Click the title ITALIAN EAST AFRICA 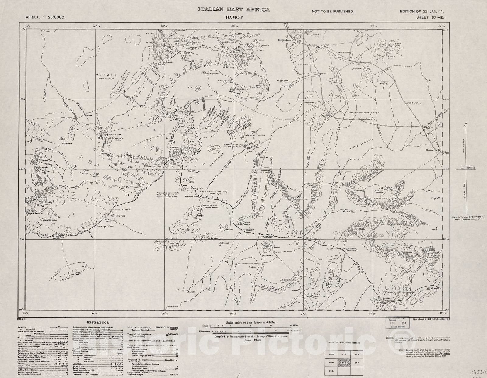[x=234, y=9]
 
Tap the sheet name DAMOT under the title [x=234, y=18]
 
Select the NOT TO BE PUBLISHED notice [x=332, y=11]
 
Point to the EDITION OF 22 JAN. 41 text [x=424, y=11]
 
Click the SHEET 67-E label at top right [x=430, y=17]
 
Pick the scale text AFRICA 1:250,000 [x=45, y=17]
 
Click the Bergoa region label [x=103, y=75]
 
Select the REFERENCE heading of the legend [x=98, y=323]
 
